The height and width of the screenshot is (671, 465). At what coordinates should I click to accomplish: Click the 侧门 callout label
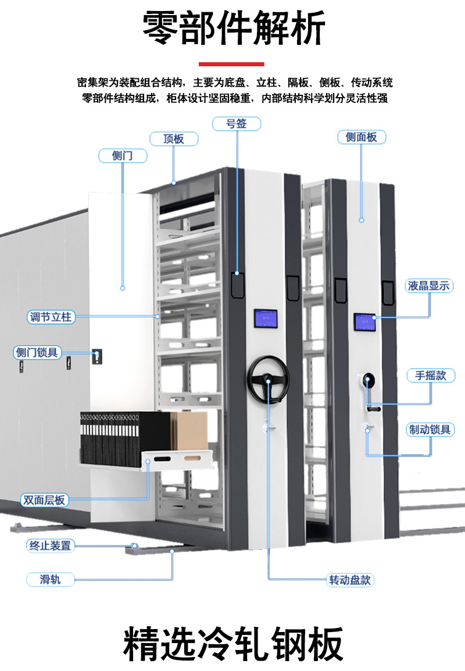pyautogui.click(x=123, y=156)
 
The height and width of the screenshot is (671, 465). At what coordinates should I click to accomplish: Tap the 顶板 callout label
pyautogui.click(x=174, y=139)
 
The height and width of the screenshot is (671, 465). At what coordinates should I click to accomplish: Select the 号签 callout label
pyautogui.click(x=237, y=124)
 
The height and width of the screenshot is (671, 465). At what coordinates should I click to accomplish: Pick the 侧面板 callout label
pyautogui.click(x=362, y=137)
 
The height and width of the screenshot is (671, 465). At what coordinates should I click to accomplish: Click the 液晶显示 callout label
pyautogui.click(x=428, y=286)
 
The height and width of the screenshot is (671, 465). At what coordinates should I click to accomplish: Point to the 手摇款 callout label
pyautogui.click(x=431, y=376)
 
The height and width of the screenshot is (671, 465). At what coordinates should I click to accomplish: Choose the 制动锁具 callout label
pyautogui.click(x=430, y=430)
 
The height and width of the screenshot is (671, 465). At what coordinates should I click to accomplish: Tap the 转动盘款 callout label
pyautogui.click(x=350, y=580)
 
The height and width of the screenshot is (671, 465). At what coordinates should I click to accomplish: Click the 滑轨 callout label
pyautogui.click(x=51, y=580)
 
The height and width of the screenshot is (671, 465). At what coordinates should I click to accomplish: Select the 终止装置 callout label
pyautogui.click(x=51, y=546)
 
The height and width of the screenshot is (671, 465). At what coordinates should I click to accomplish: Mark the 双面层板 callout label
pyautogui.click(x=45, y=500)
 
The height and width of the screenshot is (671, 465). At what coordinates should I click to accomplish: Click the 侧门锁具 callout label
pyautogui.click(x=37, y=352)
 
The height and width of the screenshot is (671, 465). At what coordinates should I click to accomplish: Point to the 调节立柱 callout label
pyautogui.click(x=51, y=317)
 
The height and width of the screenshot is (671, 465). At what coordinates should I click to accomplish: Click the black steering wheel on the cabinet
pyautogui.click(x=268, y=379)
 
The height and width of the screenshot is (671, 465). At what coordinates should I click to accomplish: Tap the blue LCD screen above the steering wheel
pyautogui.click(x=266, y=319)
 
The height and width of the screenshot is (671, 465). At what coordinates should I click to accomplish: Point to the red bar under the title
pyautogui.click(x=231, y=64)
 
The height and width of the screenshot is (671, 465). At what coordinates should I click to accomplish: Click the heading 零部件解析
pyautogui.click(x=234, y=28)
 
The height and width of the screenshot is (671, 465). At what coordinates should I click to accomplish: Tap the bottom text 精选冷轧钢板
pyautogui.click(x=233, y=644)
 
